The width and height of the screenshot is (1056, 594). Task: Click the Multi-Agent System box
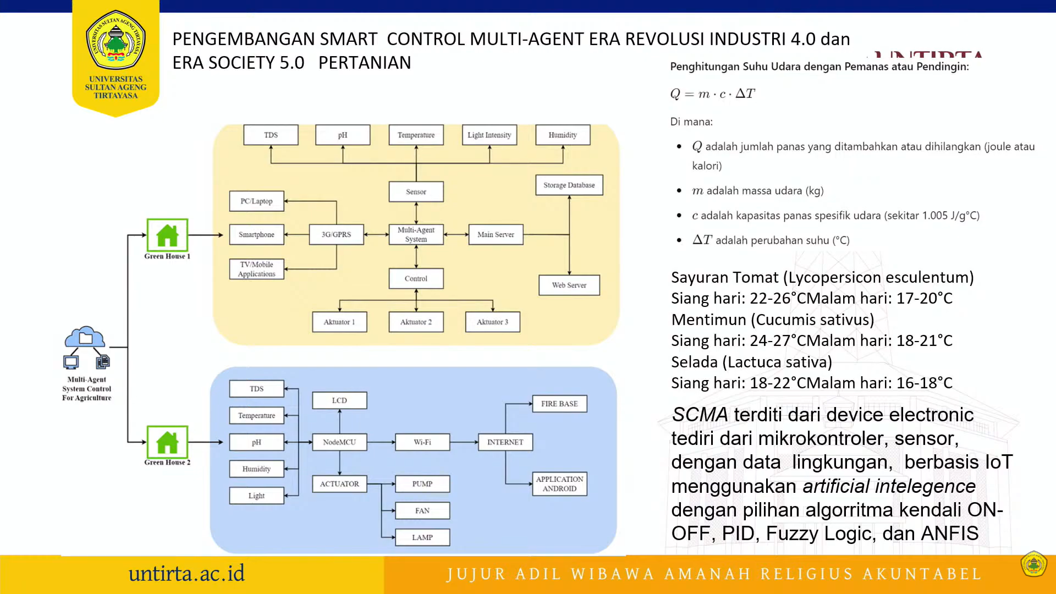[x=416, y=234]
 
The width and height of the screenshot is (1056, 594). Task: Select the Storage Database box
[x=569, y=185]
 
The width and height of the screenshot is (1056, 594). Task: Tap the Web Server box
[x=569, y=285]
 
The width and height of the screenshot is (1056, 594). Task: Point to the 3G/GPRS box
[x=336, y=234]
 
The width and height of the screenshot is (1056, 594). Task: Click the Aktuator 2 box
[x=416, y=322]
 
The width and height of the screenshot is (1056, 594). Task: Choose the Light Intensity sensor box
[x=489, y=135]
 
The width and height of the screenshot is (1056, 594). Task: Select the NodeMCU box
[x=339, y=442]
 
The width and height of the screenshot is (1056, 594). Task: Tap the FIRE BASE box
[x=559, y=404]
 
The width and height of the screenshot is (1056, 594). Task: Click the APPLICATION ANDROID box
[x=559, y=484]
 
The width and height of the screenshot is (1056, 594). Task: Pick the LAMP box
[x=422, y=537]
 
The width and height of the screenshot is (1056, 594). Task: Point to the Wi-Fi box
[x=422, y=442]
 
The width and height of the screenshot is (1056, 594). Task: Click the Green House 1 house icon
[x=167, y=235]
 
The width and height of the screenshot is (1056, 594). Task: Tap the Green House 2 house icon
[x=167, y=442]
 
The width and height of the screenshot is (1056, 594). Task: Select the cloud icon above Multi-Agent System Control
[x=85, y=337]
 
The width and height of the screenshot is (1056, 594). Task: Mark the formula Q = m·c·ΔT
[x=712, y=94]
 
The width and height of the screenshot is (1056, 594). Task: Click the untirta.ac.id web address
[x=186, y=574]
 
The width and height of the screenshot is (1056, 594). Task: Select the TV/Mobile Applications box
[x=256, y=269]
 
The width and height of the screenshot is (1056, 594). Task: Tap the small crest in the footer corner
[x=1033, y=564]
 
